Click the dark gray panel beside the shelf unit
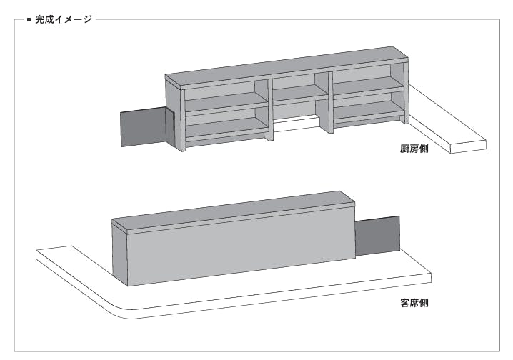click(x=144, y=129)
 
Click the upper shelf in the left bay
click(x=225, y=101)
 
